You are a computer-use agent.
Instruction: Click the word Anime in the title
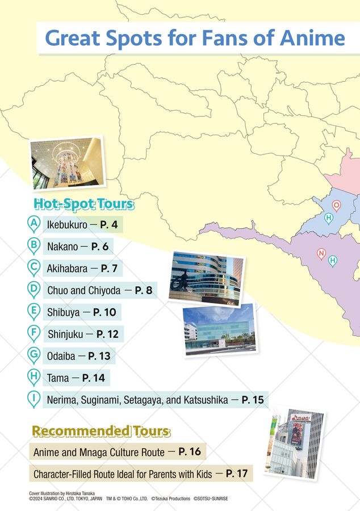313,38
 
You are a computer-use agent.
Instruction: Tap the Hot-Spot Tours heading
83,203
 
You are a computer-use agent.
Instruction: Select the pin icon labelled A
35,224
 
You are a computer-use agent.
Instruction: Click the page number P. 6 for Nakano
99,246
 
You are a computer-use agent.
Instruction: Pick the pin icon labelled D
34,290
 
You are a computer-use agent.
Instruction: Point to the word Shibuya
63,312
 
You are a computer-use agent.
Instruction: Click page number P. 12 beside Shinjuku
107,334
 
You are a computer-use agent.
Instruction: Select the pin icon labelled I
34,399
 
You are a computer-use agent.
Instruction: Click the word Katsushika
205,400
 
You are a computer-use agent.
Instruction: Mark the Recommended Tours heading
101,432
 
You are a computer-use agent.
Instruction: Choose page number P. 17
237,474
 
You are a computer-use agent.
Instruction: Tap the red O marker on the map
336,206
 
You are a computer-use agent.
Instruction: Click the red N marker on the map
321,253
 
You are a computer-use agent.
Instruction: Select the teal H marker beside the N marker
333,261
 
